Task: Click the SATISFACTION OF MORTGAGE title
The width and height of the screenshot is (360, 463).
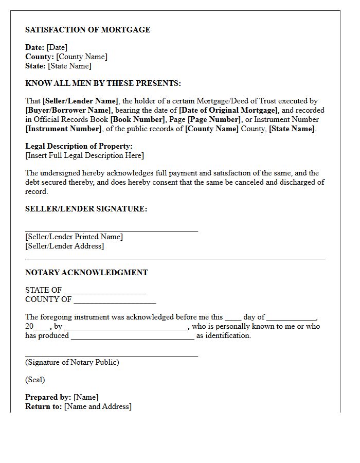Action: click(87, 30)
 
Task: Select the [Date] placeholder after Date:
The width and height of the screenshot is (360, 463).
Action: click(57, 48)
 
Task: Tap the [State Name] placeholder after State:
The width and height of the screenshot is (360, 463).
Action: click(69, 66)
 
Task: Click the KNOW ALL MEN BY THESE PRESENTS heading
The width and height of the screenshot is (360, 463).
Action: click(103, 83)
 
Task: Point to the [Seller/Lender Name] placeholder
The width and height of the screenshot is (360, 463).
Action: click(80, 101)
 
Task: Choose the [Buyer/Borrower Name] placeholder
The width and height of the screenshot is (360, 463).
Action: click(68, 111)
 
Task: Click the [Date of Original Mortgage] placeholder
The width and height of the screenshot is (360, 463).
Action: click(228, 111)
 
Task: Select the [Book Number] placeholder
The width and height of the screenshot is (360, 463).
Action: click(137, 120)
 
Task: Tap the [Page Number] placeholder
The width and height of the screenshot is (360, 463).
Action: click(214, 120)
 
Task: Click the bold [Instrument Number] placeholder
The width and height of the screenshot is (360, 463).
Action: click(63, 129)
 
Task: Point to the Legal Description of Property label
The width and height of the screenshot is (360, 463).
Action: click(79, 147)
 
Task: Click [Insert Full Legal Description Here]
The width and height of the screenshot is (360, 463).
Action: click(84, 156)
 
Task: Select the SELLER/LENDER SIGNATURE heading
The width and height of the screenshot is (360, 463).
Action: click(86, 209)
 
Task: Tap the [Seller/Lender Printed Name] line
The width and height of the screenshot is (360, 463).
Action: click(74, 237)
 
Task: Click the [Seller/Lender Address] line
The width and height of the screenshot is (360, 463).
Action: click(64, 246)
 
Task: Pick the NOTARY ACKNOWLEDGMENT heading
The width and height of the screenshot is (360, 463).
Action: click(86, 273)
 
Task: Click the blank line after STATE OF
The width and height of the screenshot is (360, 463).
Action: click(105, 291)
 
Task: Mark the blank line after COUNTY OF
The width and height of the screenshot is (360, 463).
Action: click(114, 300)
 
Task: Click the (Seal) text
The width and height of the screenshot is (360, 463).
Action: click(35, 380)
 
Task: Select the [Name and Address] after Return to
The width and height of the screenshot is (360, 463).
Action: click(98, 407)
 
